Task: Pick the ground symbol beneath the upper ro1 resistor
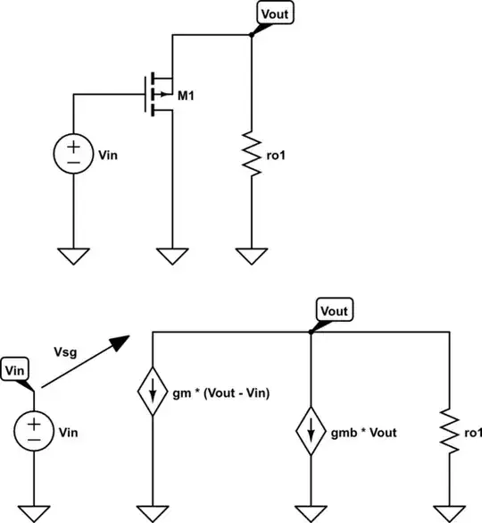click(x=253, y=257)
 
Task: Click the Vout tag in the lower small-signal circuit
click(x=335, y=311)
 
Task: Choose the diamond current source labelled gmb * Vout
click(x=311, y=432)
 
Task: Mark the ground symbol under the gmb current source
click(x=311, y=512)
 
